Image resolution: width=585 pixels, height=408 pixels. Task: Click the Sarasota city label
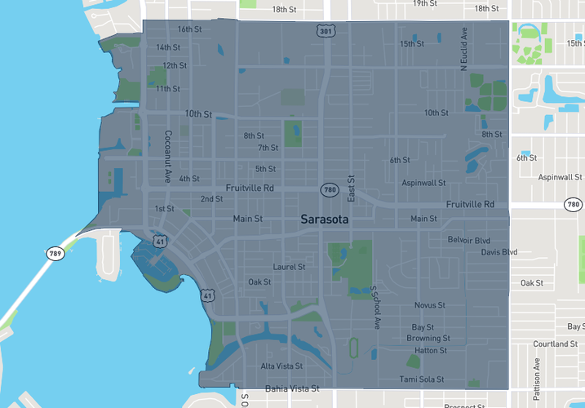pyautogui.click(x=324, y=220)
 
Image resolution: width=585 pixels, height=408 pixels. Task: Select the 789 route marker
pyautogui.click(x=55, y=253)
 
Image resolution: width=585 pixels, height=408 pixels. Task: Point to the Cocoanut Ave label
pyautogui.click(x=168, y=156)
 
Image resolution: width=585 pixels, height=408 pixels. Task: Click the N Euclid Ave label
pyautogui.click(x=463, y=51)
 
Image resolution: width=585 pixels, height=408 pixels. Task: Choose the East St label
pyautogui.click(x=352, y=188)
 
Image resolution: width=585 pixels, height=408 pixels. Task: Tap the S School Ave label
pyautogui.click(x=375, y=308)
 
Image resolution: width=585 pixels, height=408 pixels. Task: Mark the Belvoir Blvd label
pyautogui.click(x=468, y=240)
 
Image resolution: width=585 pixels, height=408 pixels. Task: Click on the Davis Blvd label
pyautogui.click(x=499, y=252)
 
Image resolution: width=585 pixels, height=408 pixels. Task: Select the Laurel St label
pyautogui.click(x=289, y=267)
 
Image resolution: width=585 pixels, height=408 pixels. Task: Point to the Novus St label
pyautogui.click(x=429, y=305)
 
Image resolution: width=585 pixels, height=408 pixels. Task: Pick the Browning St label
pyautogui.click(x=428, y=338)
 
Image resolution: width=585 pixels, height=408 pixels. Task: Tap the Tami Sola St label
pyautogui.click(x=421, y=379)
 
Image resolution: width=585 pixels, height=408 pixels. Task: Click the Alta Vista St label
pyautogui.click(x=281, y=366)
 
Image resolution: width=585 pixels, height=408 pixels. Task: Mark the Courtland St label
pyautogui.click(x=556, y=344)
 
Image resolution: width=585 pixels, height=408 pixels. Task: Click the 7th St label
pyautogui.click(x=268, y=148)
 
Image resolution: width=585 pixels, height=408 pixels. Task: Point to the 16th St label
pyautogui.click(x=189, y=29)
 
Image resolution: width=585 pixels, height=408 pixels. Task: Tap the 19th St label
pyautogui.click(x=425, y=3)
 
